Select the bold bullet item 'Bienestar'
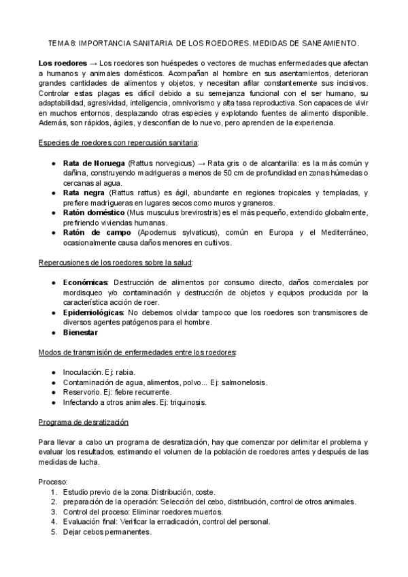coord(80,333)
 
